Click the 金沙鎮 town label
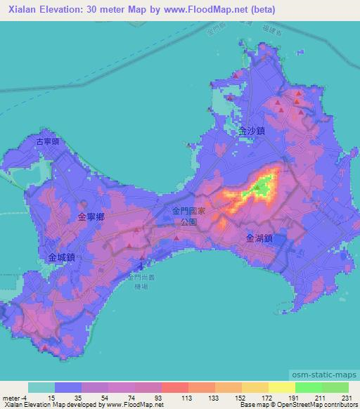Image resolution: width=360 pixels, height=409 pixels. (250, 131)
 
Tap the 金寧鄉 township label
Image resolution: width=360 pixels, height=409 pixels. (91, 219)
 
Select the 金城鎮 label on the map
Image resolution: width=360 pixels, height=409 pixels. (61, 258)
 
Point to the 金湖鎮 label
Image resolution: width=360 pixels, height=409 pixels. (259, 238)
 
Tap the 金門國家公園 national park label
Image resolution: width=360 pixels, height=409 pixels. (189, 216)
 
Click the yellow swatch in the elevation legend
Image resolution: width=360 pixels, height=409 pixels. (281, 387)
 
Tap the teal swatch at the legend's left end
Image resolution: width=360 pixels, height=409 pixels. (41, 387)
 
